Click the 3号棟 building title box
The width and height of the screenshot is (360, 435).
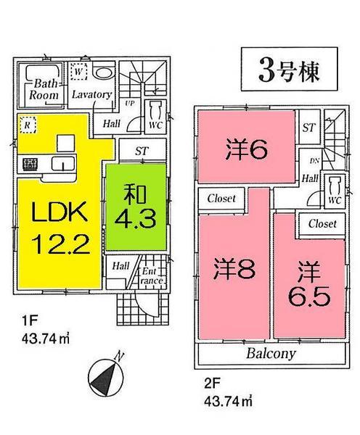click(289, 70)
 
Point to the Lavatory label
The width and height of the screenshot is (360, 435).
click(91, 95)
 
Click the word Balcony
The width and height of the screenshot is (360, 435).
click(269, 355)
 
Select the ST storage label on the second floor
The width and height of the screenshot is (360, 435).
click(308, 128)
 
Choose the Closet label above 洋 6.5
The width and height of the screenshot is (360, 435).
click(322, 224)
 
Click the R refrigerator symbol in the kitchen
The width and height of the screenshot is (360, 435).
click(27, 123)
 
